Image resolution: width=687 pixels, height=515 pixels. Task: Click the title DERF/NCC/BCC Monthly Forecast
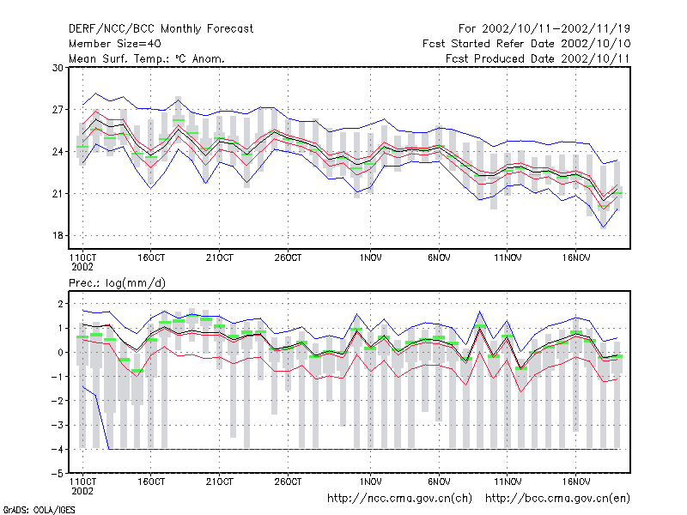coord(161,29)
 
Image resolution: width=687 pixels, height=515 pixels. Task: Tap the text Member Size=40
coord(115,44)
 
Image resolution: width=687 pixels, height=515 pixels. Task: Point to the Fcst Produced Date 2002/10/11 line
coord(538,58)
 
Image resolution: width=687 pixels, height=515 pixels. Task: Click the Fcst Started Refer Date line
coord(526,44)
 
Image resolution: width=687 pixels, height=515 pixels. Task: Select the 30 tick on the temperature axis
coord(58,68)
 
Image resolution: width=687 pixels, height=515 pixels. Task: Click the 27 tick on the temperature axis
coord(58,110)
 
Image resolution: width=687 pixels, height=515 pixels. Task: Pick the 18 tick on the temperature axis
coord(58,235)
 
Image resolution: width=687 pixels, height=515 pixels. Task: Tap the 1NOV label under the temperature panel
coord(371,258)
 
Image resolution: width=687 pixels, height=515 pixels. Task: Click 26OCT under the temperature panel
coord(288,258)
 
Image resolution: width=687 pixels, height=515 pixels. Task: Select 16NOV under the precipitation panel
coord(576,482)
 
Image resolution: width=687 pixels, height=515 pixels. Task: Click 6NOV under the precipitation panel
coord(439,482)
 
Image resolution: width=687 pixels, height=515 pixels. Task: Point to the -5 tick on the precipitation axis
coord(58,474)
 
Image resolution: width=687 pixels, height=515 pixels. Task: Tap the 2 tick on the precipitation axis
coord(60,304)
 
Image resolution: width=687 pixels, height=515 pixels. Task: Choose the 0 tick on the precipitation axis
coord(60,353)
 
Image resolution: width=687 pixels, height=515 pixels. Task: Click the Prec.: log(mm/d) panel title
coord(117,283)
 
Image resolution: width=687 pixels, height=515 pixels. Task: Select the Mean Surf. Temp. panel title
coord(147,58)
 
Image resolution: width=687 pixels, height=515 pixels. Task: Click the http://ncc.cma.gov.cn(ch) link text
coord(399,499)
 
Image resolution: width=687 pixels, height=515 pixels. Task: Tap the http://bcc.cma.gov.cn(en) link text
coord(557,499)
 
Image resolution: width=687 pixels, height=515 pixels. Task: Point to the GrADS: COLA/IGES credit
coord(39,510)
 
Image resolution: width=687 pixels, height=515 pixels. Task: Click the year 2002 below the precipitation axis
coord(82,491)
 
